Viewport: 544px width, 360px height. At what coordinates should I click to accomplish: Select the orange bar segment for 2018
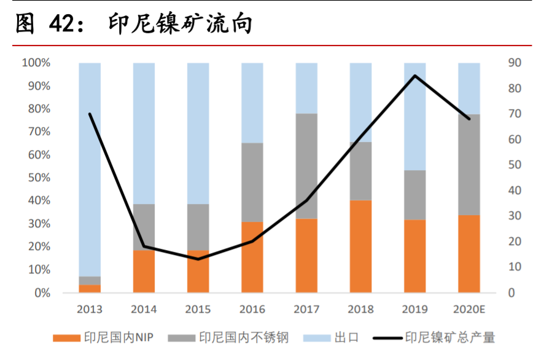(x=360, y=246)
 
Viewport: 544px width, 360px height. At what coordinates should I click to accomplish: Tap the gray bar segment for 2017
(x=306, y=166)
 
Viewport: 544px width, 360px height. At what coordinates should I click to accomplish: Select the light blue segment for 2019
(x=415, y=117)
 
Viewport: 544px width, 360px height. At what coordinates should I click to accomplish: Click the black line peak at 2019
(x=415, y=76)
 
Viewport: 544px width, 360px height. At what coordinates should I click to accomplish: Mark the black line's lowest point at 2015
(x=198, y=259)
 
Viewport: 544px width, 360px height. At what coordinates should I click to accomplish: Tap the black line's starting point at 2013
(x=90, y=114)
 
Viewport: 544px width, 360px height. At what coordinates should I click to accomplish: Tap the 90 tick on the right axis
(x=515, y=63)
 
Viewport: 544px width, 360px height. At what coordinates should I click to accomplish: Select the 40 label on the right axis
(x=515, y=190)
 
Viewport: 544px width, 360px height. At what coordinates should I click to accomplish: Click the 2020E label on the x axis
(x=469, y=309)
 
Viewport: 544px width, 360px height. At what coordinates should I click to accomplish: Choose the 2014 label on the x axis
(x=144, y=309)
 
